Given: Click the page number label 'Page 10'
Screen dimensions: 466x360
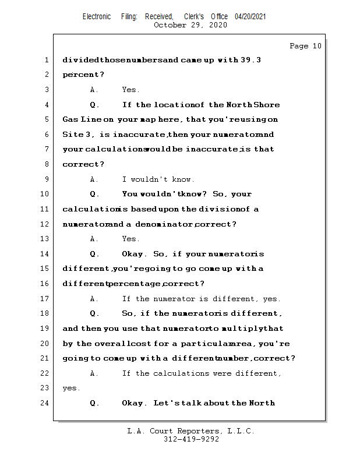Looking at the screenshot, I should pyautogui.click(x=305, y=46).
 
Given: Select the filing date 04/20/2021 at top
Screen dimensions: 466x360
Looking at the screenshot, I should pyautogui.click(x=250, y=16).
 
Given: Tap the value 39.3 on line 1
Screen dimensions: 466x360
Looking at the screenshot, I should pyautogui.click(x=250, y=60).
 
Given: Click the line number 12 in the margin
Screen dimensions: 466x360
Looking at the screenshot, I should pyautogui.click(x=46, y=224).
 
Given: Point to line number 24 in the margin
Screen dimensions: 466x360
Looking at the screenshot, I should pyautogui.click(x=46, y=403).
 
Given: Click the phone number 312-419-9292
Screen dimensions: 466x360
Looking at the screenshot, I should pyautogui.click(x=191, y=439).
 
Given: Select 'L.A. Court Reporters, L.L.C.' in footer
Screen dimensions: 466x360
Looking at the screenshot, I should pyautogui.click(x=191, y=431).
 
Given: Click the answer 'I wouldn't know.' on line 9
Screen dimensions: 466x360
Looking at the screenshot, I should pyautogui.click(x=158, y=179).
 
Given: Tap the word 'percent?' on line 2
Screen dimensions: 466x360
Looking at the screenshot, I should pyautogui.click(x=83, y=75).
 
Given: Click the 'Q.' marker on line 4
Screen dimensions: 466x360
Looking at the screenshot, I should pyautogui.click(x=95, y=105).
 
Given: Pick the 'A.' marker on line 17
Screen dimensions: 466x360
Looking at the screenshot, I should pyautogui.click(x=94, y=299).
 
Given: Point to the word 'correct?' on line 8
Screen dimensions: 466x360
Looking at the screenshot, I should pyautogui.click(x=83, y=164).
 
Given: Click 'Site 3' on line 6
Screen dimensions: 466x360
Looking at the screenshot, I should pyautogui.click(x=76, y=135).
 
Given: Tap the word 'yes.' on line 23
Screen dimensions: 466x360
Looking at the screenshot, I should pyautogui.click(x=71, y=388).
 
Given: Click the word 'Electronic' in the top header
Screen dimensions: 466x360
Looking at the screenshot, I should pyautogui.click(x=97, y=16).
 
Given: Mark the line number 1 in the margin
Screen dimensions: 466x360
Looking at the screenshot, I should pyautogui.click(x=46, y=60).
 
